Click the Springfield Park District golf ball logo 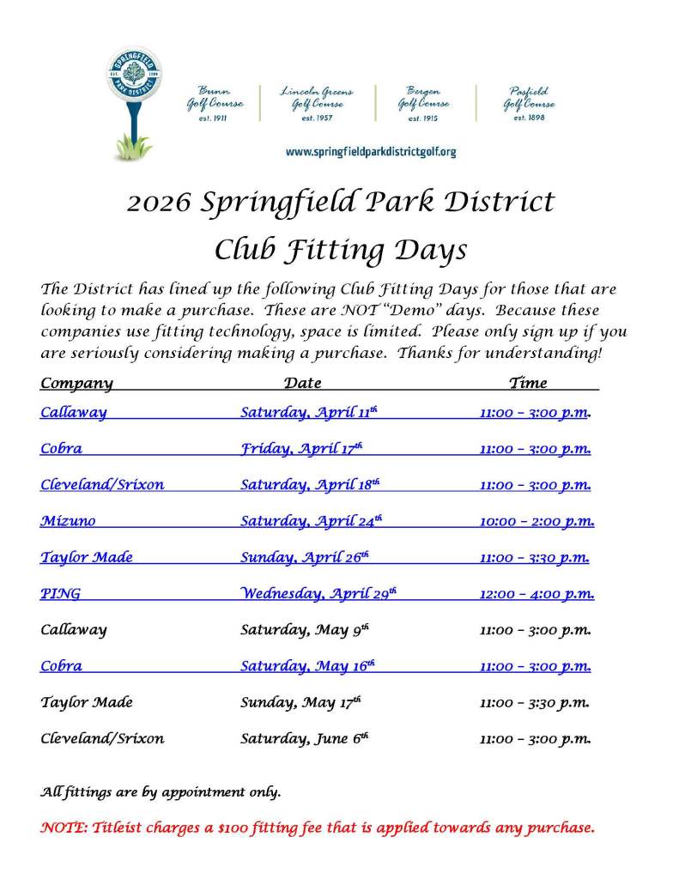(x=136, y=86)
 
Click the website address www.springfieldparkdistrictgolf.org (x=370, y=152)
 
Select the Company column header (x=76, y=383)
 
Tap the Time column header (x=528, y=383)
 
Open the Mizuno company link (x=68, y=521)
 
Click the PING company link (x=60, y=593)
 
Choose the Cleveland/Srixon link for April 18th (x=102, y=485)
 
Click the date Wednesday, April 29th (x=318, y=593)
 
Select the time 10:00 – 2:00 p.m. (x=537, y=521)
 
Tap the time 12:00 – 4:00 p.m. (x=537, y=593)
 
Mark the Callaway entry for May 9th (x=74, y=630)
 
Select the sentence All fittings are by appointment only (x=161, y=791)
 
